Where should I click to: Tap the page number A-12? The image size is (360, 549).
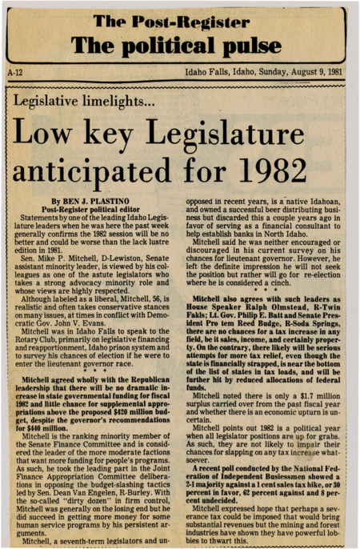pyautogui.click(x=13, y=71)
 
